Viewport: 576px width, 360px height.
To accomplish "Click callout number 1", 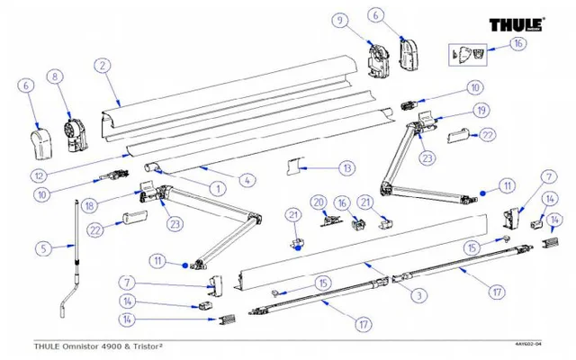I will pos(216,189).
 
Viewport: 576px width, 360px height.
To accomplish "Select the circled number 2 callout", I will pos(105,65).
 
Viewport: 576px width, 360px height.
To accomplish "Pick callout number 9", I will pos(339,21).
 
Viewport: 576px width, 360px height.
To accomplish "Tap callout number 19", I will pos(481,110).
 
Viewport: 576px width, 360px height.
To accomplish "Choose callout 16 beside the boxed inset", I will pos(517,43).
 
